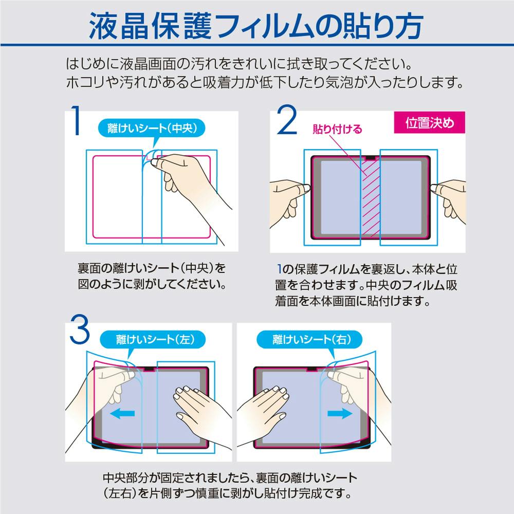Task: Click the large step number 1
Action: [x=77, y=120]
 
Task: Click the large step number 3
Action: [x=80, y=329]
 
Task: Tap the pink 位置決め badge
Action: [x=429, y=122]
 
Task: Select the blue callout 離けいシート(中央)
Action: [x=152, y=128]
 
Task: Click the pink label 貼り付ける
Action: [x=337, y=129]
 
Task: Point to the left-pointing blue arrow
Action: [x=122, y=413]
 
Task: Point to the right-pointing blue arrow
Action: [x=340, y=413]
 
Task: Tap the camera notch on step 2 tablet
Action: [x=371, y=158]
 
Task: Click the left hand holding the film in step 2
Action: [x=288, y=200]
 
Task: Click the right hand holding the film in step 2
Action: [x=449, y=200]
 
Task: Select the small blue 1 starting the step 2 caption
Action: [x=279, y=269]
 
